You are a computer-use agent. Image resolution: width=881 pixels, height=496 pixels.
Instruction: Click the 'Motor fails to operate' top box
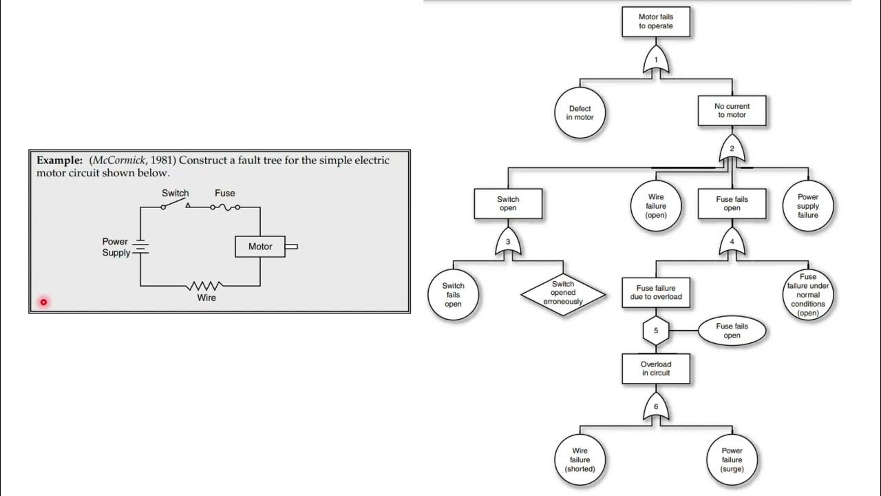[655, 21]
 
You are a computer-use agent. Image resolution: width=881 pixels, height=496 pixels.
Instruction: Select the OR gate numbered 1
[656, 62]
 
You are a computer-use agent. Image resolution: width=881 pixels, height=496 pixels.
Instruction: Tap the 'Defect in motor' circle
[580, 112]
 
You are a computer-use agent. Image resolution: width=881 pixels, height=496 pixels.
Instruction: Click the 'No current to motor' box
[732, 110]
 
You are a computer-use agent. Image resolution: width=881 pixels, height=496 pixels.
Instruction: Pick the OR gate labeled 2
[732, 150]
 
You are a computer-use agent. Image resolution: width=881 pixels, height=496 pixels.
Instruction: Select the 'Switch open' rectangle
[507, 203]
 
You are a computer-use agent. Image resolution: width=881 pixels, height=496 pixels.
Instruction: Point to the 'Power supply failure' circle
[808, 205]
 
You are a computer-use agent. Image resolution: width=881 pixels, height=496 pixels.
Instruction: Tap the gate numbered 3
[508, 243]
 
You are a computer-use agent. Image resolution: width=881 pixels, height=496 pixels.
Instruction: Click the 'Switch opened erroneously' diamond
[563, 293]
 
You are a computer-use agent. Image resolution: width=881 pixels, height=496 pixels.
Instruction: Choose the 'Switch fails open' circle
[453, 295]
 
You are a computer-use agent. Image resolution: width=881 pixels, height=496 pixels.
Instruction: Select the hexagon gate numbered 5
[656, 331]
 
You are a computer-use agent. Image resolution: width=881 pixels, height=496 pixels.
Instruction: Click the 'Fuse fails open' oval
[732, 331]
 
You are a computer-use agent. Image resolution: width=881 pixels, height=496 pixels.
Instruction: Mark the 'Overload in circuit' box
[655, 369]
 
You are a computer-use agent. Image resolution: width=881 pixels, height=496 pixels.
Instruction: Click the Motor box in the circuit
[260, 247]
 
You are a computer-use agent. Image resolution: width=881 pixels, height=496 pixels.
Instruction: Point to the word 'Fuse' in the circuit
[224, 194]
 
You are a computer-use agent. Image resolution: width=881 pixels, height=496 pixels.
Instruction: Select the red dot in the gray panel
[43, 302]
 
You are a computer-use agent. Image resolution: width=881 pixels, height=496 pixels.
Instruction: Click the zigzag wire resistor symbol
[206, 285]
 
